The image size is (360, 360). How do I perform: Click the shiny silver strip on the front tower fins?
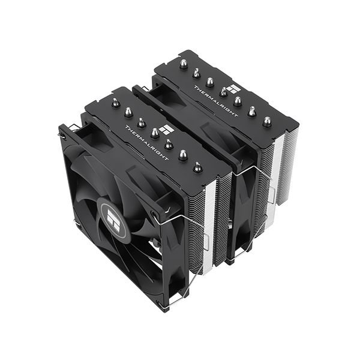click(x=209, y=222)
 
